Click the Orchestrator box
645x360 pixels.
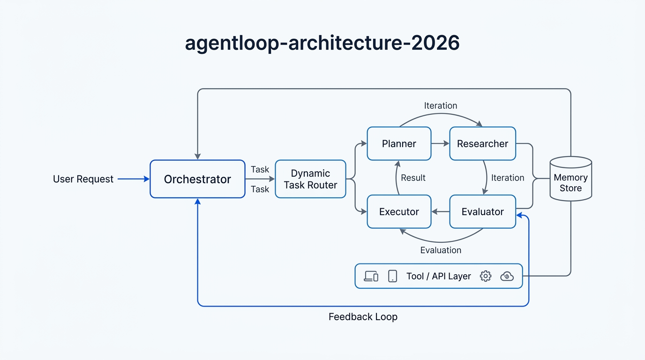click(197, 179)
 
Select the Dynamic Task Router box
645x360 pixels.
click(310, 179)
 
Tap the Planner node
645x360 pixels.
click(399, 144)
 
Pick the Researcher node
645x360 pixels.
click(482, 144)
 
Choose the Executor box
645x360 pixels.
click(399, 212)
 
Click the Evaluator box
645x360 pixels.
click(482, 212)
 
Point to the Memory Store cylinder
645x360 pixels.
click(570, 180)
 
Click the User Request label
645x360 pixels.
click(83, 179)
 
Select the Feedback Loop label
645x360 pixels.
click(363, 317)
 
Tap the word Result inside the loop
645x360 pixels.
click(413, 178)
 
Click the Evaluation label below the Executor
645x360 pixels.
click(441, 250)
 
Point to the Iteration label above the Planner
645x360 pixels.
click(440, 105)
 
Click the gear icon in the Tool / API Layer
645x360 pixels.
click(486, 276)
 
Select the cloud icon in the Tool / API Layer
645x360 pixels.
click(507, 276)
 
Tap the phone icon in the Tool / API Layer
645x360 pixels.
click(393, 276)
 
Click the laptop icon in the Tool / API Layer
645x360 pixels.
click(371, 276)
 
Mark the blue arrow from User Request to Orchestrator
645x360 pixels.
click(133, 179)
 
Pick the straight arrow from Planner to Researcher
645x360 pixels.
click(440, 144)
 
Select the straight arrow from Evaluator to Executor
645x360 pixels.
click(440, 212)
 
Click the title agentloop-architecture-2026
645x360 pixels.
click(322, 43)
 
